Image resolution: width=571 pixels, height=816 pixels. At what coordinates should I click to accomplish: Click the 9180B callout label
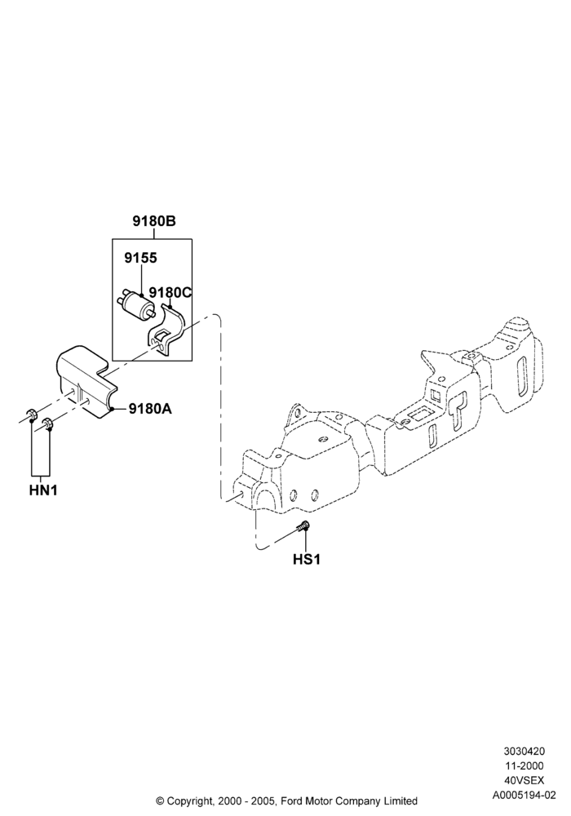click(154, 221)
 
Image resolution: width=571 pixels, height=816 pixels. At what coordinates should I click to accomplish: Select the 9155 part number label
click(140, 258)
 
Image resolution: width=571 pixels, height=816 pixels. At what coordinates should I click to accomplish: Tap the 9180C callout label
click(170, 292)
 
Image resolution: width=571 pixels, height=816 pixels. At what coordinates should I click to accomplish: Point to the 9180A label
click(150, 409)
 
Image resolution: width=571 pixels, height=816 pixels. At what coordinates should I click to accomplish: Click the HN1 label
click(43, 490)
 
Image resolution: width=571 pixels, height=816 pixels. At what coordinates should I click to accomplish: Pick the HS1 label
click(307, 559)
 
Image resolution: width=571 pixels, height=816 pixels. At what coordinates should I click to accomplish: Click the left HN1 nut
click(31, 415)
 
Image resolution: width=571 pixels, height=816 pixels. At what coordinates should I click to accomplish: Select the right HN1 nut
click(48, 424)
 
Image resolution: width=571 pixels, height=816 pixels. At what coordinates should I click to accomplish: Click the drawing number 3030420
click(524, 751)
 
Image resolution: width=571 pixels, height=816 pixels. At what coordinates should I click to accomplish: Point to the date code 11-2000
click(524, 765)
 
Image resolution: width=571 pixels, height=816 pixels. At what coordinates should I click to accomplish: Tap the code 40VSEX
click(524, 781)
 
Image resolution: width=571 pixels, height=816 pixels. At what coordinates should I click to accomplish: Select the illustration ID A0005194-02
click(524, 795)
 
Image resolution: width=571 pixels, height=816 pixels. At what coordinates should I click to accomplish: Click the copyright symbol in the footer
click(160, 801)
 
